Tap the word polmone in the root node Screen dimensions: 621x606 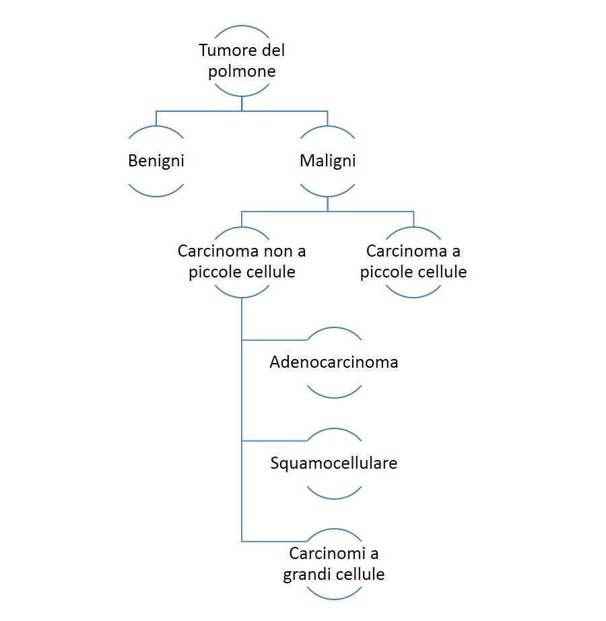[x=242, y=71]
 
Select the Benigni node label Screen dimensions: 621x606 [x=156, y=161]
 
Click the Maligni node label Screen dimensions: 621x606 [x=327, y=161]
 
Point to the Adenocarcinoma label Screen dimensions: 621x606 [x=334, y=362]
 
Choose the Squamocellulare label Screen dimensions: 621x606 [x=334, y=463]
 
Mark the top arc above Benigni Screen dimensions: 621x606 [x=156, y=127]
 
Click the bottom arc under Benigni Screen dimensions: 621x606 [x=156, y=195]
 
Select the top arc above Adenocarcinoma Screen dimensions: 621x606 [x=334, y=328]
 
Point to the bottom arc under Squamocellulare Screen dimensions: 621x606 [x=334, y=498]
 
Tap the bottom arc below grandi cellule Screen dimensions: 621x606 [x=334, y=599]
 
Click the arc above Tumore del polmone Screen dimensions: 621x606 [x=242, y=26]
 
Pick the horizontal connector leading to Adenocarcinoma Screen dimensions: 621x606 [x=274, y=340]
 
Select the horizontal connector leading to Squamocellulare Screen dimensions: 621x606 [x=274, y=440]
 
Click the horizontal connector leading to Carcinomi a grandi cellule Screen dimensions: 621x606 [x=274, y=541]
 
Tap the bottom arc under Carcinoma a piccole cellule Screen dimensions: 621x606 [x=413, y=296]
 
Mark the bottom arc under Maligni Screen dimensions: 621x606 [x=327, y=195]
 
